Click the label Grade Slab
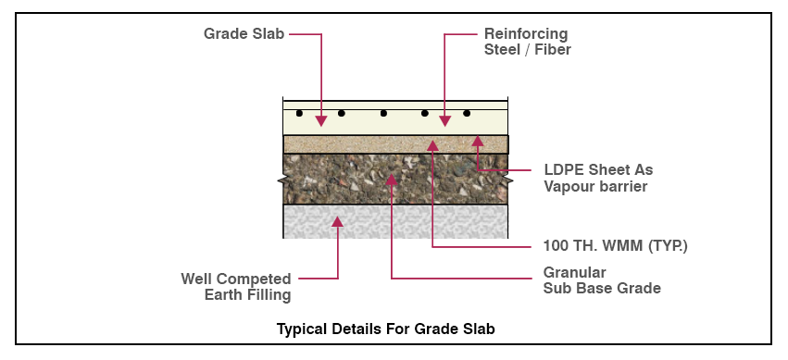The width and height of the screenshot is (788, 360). (x=244, y=34)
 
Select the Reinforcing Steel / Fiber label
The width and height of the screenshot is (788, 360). (x=528, y=43)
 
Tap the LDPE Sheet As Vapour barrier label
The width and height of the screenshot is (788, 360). (x=597, y=179)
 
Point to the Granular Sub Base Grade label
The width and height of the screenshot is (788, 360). (x=602, y=280)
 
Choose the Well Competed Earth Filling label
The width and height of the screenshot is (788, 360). (x=236, y=287)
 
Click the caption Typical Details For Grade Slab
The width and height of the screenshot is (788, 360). (x=393, y=329)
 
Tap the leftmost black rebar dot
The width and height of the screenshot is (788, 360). (x=299, y=114)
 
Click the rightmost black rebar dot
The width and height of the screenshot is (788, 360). (x=467, y=114)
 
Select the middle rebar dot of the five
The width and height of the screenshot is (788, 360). (x=383, y=114)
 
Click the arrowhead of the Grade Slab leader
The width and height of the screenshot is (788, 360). (x=321, y=121)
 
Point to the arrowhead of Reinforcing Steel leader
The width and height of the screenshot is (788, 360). (x=445, y=121)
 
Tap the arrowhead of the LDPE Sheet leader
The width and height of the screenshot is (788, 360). (x=478, y=141)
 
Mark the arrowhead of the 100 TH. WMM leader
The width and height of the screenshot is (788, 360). (x=432, y=144)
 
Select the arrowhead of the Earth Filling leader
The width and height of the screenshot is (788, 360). (x=338, y=221)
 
